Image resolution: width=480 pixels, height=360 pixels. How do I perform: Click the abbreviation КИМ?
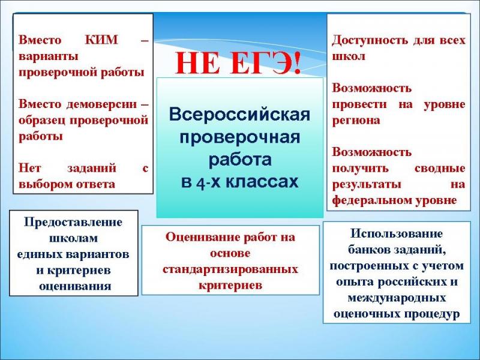pyautogui.click(x=101, y=40)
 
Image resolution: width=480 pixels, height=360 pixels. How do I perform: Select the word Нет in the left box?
pyautogui.click(x=29, y=168)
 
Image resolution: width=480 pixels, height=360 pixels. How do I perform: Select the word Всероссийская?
pyautogui.click(x=239, y=115)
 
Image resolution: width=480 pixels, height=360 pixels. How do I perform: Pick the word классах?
pyautogui.click(x=262, y=182)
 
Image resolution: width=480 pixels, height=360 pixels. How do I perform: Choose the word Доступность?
pyautogui.click(x=370, y=41)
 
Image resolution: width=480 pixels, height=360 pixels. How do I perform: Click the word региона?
pyautogui.click(x=356, y=121)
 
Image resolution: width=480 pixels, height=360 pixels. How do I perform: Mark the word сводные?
pyautogui.click(x=440, y=169)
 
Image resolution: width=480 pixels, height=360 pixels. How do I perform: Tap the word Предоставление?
pyautogui.click(x=73, y=223)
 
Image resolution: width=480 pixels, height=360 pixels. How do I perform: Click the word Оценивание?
pyautogui.click(x=202, y=238)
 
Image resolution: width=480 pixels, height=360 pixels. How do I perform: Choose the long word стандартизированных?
pyautogui.click(x=230, y=270)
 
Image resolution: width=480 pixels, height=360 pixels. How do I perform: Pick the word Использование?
pyautogui.click(x=397, y=234)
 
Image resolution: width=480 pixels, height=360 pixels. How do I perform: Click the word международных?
pyautogui.click(x=397, y=298)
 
